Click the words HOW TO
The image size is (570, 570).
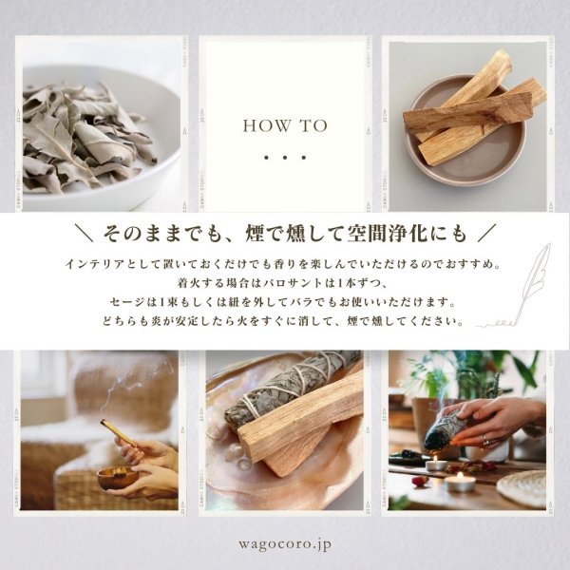coord(285,125)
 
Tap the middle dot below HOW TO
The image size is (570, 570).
coord(285,158)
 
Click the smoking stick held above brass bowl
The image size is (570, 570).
coord(118,432)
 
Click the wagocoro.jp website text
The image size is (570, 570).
coord(285,545)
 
